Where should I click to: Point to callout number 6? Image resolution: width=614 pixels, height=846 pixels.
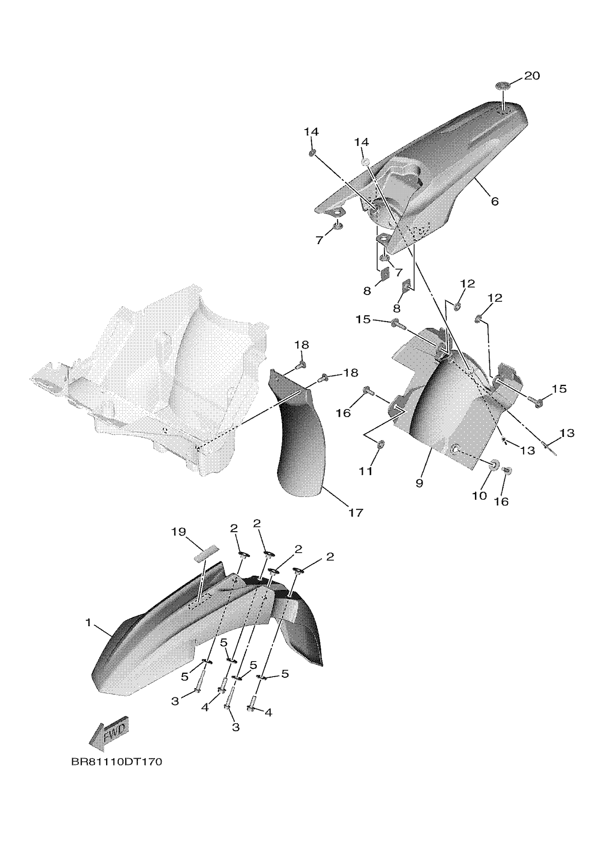[495, 201]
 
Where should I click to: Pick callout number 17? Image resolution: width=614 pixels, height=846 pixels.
[355, 513]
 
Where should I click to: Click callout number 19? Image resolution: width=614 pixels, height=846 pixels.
[179, 532]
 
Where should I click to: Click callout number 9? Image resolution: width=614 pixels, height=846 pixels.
[419, 483]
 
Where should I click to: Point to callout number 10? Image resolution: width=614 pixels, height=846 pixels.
[480, 496]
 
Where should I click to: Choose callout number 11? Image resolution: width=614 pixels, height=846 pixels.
[366, 472]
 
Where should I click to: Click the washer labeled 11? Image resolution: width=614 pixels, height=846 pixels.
[380, 443]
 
